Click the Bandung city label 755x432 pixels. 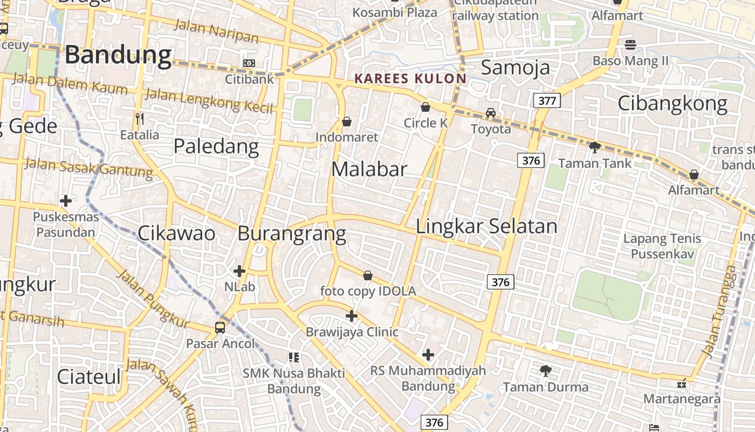(119, 55)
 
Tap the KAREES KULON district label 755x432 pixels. (410, 79)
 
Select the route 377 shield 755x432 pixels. (547, 100)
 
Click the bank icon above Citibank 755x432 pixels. (249, 63)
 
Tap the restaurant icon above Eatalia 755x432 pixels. (140, 119)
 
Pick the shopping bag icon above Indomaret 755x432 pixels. (347, 122)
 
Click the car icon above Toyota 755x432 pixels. (490, 113)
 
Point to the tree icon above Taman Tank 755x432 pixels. (594, 147)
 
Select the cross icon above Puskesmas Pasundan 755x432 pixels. (66, 201)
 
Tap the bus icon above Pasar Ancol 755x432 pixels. (220, 327)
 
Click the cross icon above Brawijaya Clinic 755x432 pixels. (352, 316)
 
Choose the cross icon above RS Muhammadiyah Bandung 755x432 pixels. (428, 355)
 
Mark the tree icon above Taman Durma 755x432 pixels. (545, 371)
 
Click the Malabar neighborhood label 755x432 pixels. (369, 170)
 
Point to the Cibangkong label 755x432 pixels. (672, 103)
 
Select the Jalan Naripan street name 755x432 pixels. (216, 31)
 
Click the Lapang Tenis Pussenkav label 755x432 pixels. (662, 246)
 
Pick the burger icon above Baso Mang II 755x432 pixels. (630, 45)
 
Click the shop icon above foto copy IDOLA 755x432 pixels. (368, 276)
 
